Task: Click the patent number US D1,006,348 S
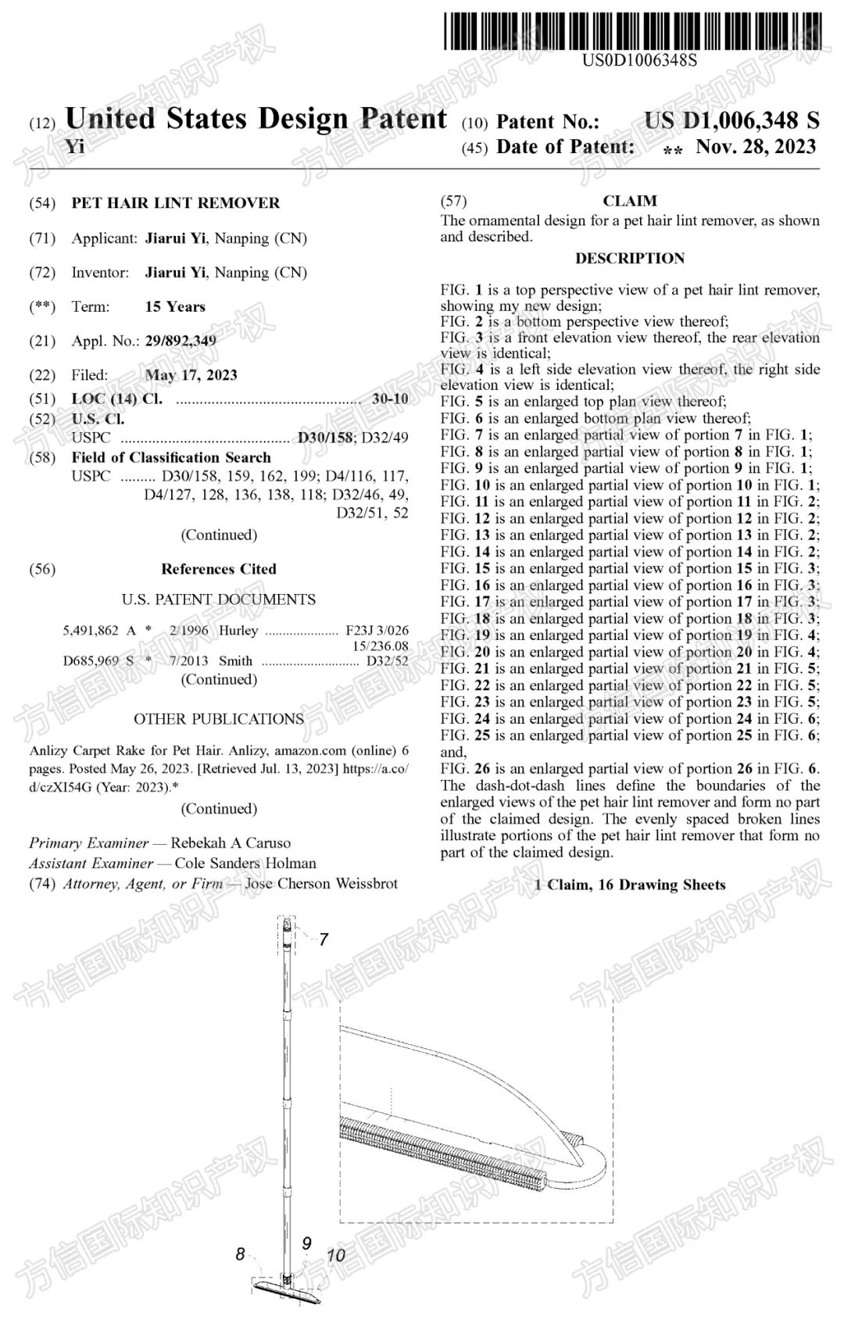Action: click(731, 121)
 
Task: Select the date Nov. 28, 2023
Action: click(756, 147)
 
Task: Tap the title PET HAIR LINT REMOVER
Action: click(175, 203)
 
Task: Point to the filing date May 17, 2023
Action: click(191, 375)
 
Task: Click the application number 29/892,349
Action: click(181, 341)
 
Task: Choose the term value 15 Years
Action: click(175, 307)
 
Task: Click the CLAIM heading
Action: click(630, 201)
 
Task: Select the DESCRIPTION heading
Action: click(630, 258)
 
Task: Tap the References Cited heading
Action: click(219, 569)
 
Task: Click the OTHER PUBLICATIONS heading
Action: click(219, 719)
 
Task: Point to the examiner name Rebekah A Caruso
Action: click(231, 842)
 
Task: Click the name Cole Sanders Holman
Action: click(245, 863)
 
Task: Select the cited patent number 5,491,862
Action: click(91, 631)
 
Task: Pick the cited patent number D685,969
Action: click(91, 661)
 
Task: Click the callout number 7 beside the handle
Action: click(324, 939)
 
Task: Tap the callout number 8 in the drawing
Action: click(240, 1254)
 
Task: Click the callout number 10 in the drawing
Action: click(335, 1256)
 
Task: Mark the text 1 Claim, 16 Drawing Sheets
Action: click(630, 885)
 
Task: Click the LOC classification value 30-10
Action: click(390, 399)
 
